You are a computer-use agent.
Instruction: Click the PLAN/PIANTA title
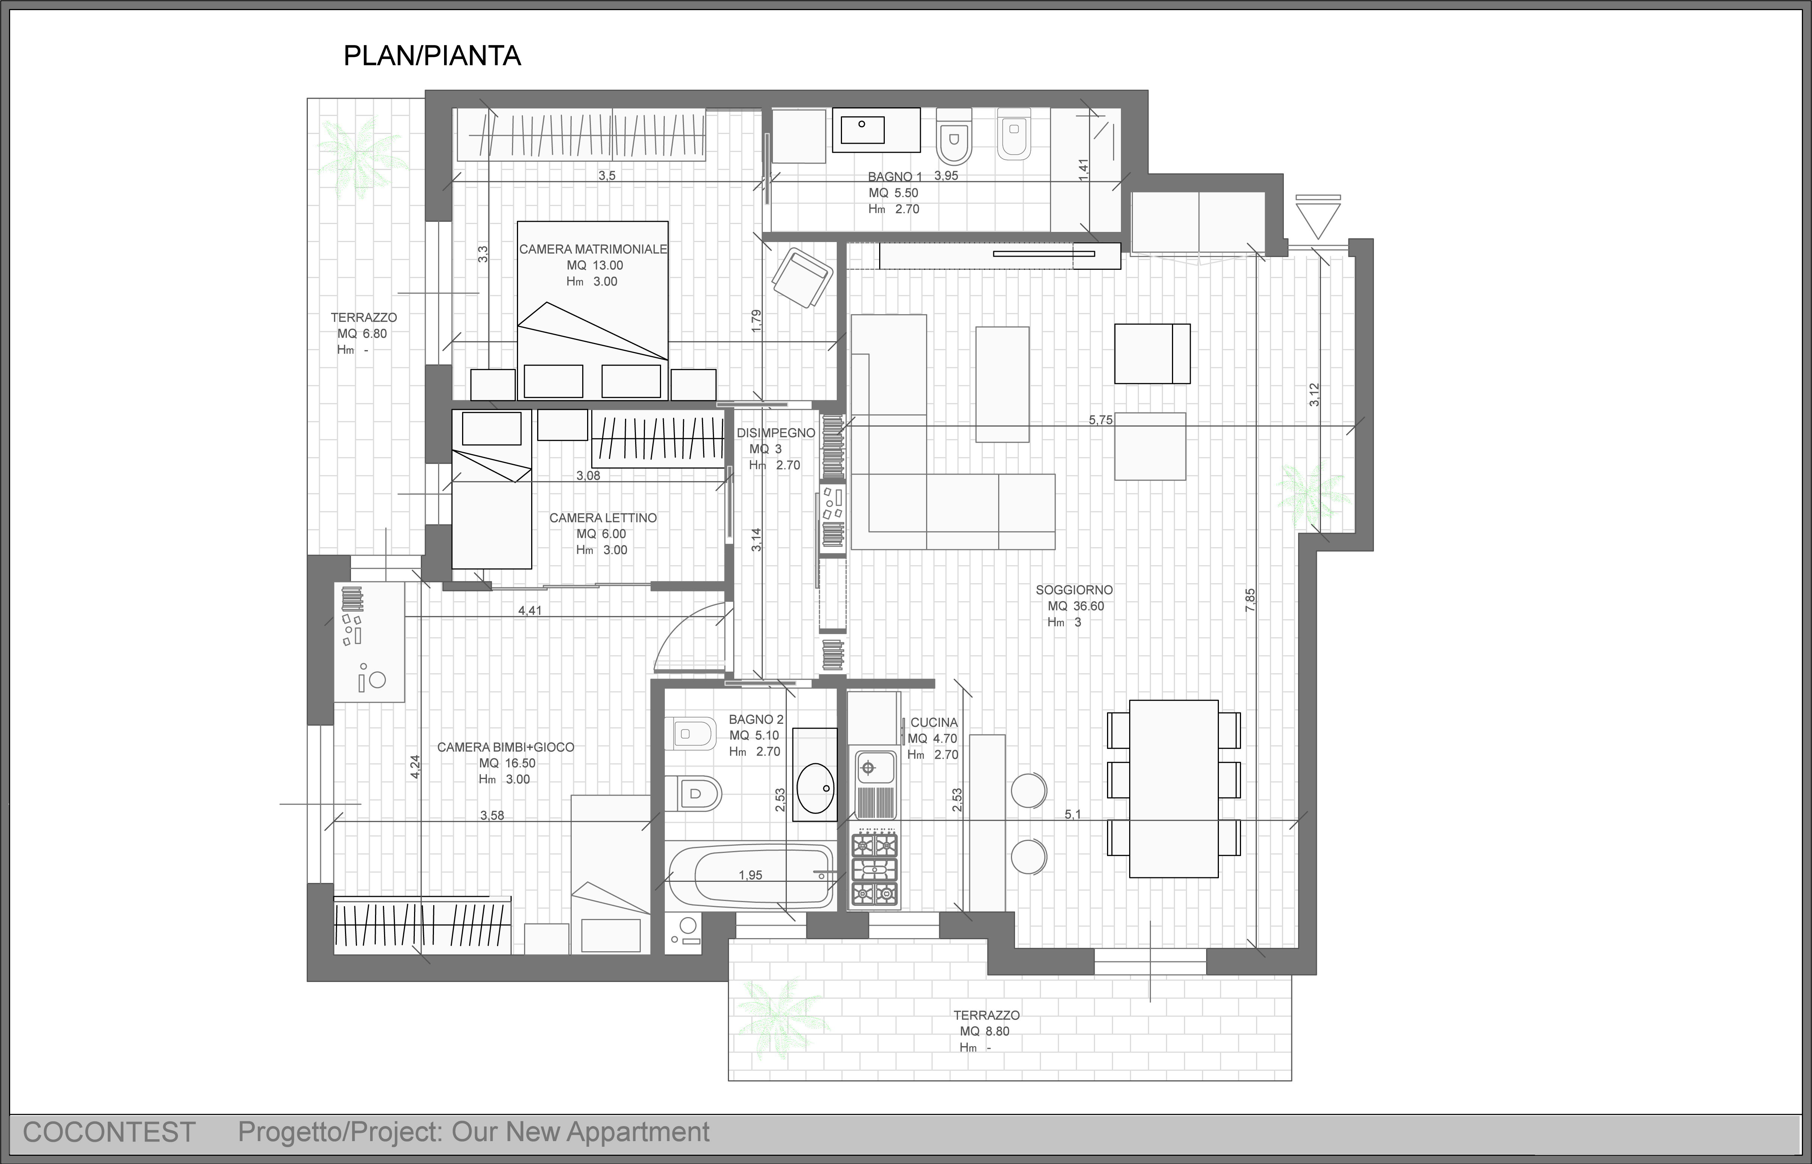point(432,56)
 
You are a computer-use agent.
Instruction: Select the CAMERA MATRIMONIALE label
point(593,249)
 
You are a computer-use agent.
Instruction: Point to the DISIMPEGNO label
point(776,433)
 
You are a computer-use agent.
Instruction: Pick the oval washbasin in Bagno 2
point(814,788)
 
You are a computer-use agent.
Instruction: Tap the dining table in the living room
point(1173,788)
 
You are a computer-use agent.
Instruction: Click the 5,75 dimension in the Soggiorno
point(1101,420)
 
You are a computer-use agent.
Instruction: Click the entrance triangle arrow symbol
point(1318,217)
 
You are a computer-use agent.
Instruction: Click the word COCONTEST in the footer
point(110,1132)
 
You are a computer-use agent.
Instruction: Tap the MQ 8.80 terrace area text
point(984,1031)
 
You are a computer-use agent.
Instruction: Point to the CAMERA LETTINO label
point(602,518)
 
